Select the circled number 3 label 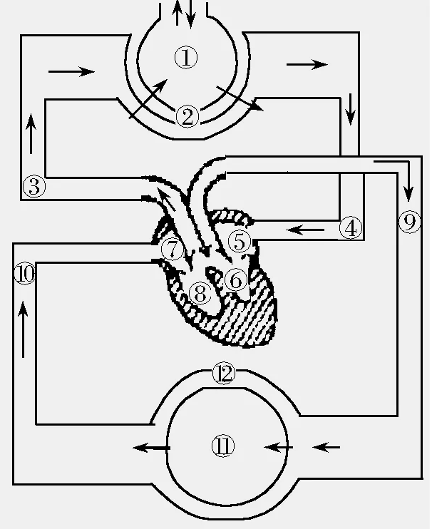[34, 187]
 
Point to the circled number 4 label [350, 228]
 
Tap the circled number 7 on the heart [173, 250]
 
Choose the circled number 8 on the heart [201, 292]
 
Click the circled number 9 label [408, 222]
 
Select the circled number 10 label [24, 274]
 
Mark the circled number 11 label [223, 446]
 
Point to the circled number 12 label [223, 373]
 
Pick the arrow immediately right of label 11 [279, 447]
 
